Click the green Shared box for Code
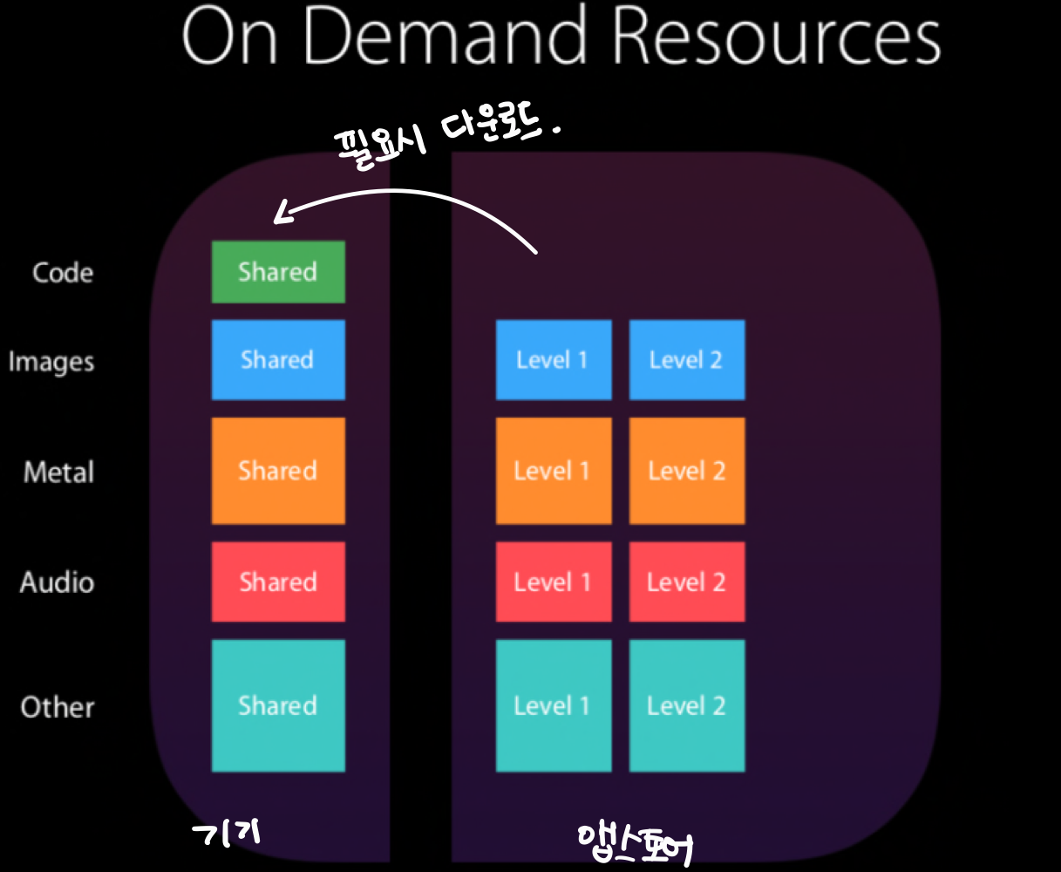coord(278,272)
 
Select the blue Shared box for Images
coord(278,359)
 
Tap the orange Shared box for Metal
coord(278,471)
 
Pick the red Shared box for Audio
coord(278,582)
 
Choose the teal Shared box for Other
coord(278,705)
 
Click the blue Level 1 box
coord(554,359)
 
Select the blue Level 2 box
coord(687,359)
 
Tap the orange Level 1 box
coord(554,471)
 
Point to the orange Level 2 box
coord(687,471)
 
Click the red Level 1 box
coord(554,582)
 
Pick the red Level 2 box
coord(687,582)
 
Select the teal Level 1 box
coord(554,705)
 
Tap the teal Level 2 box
coord(687,705)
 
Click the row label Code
coord(63,273)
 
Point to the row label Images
coord(51,362)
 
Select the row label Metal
coord(58,473)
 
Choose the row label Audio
coord(57,582)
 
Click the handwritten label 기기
coord(227,834)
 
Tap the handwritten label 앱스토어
coord(636,841)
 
